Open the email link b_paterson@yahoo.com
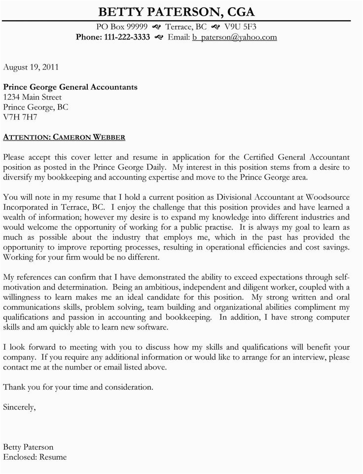(234, 37)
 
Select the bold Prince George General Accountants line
(70, 87)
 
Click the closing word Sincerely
(19, 407)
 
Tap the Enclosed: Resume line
(35, 457)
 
